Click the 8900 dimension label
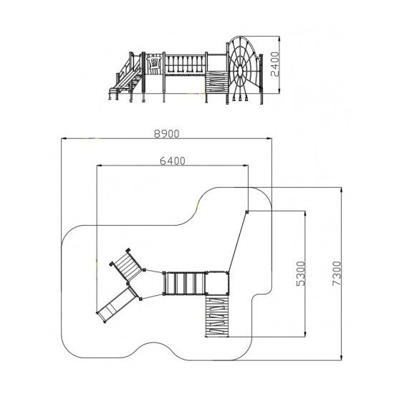coord(167,134)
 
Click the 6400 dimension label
coord(173,160)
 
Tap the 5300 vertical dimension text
coord(301,274)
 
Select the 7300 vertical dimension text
coord(337,273)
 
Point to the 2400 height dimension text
coord(275,64)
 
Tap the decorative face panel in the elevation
coord(153,63)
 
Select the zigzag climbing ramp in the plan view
coord(217,316)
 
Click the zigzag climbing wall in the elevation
coord(217,82)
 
